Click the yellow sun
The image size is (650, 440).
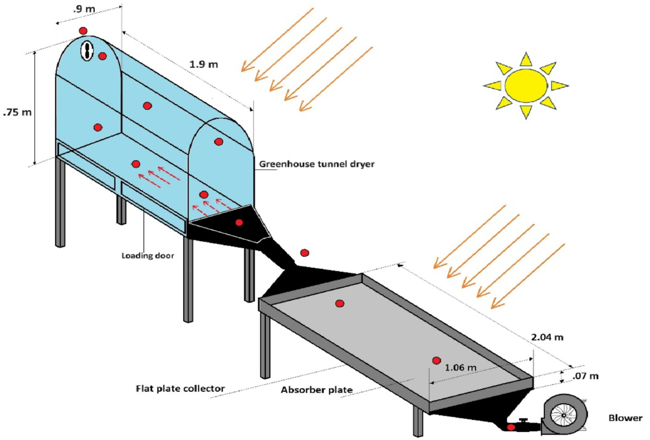click(525, 85)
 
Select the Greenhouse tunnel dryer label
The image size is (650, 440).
click(316, 164)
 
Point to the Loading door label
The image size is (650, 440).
click(148, 254)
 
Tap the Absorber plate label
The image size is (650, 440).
click(317, 390)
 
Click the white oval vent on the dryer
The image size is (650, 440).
click(87, 50)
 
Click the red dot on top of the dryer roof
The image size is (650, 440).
click(83, 30)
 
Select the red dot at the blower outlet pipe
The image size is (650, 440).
click(510, 428)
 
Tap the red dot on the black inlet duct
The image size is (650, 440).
click(239, 222)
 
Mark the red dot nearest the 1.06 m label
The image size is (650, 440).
click(436, 361)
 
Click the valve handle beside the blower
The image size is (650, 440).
click(524, 421)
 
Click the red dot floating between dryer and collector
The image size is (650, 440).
click(305, 253)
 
